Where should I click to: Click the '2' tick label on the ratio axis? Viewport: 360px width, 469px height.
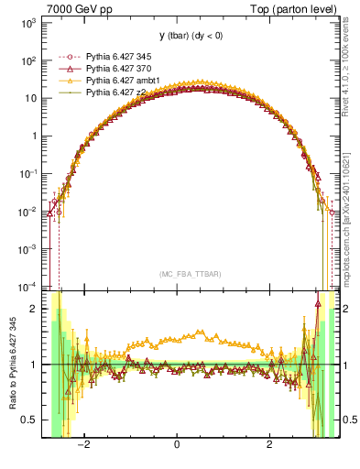point(33,309)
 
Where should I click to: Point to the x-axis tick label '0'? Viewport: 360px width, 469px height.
point(177,445)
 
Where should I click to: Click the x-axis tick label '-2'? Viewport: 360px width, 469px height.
point(83,445)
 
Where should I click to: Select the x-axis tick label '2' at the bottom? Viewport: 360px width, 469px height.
point(269,445)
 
